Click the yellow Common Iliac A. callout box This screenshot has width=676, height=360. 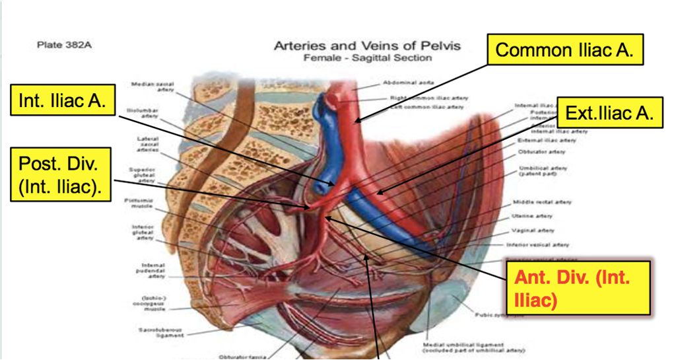point(565,50)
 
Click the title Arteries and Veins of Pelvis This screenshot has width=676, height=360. point(367,46)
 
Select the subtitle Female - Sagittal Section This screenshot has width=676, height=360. point(367,57)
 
